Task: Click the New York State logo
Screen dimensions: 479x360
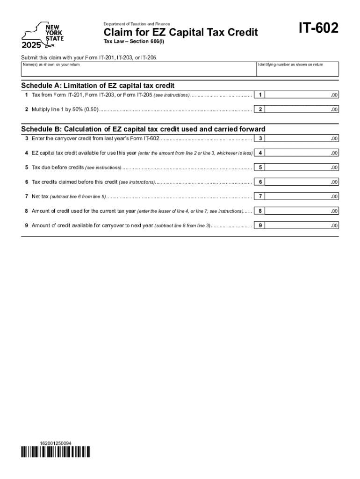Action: [42, 35]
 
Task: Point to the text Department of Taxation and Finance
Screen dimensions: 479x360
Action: [137, 24]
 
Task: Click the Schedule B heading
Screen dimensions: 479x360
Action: [143, 129]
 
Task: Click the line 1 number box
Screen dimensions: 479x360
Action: [260, 95]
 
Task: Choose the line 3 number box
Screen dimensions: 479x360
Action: [260, 138]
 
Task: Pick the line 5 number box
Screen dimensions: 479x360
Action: [260, 167]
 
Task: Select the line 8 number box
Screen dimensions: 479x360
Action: [260, 211]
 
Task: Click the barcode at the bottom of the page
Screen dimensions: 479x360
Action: [56, 451]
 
